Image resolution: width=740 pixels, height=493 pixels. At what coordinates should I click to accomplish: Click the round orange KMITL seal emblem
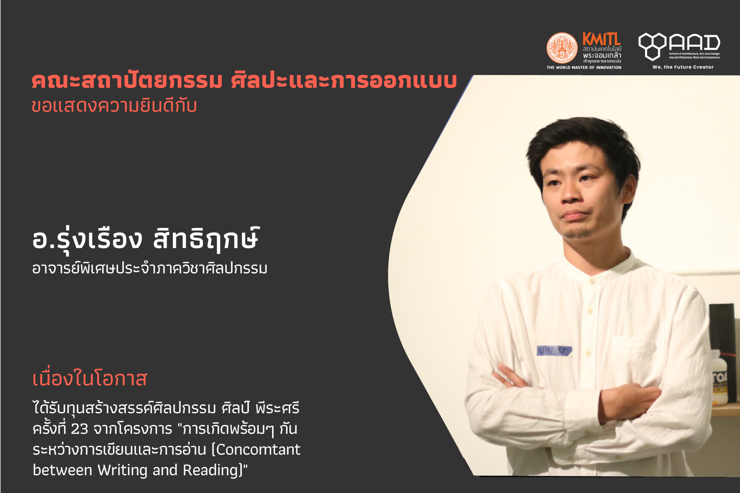pyautogui.click(x=562, y=48)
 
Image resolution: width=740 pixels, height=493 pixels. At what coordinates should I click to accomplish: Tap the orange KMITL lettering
pyautogui.click(x=602, y=39)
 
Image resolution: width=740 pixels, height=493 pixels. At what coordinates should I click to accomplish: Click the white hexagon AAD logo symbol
pyautogui.click(x=652, y=46)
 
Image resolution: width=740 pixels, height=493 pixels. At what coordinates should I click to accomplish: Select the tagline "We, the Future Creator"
pyautogui.click(x=683, y=67)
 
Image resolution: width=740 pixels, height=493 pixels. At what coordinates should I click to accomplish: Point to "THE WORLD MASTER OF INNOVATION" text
pyautogui.click(x=584, y=67)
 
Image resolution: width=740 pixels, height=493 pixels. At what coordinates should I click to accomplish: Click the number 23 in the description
pyautogui.click(x=79, y=429)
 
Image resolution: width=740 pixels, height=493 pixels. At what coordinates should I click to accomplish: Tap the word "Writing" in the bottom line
pyautogui.click(x=122, y=470)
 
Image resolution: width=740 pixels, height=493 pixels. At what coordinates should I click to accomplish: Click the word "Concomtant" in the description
pyautogui.click(x=258, y=450)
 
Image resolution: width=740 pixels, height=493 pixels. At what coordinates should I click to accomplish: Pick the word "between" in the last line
pyautogui.click(x=62, y=470)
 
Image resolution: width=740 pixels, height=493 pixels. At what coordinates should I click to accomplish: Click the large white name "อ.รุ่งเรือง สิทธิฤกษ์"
pyautogui.click(x=146, y=240)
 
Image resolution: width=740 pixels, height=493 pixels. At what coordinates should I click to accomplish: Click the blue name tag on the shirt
pyautogui.click(x=554, y=351)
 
